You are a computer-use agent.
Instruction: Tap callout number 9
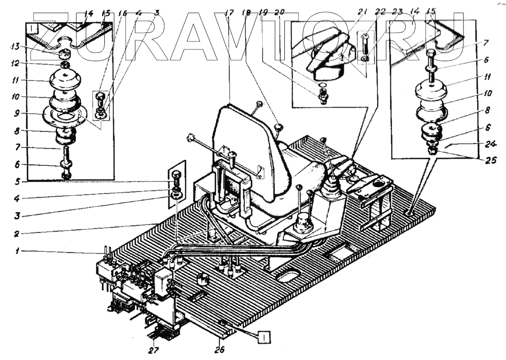[15, 113]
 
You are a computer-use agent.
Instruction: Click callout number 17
[231, 13]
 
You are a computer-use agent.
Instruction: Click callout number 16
[122, 13]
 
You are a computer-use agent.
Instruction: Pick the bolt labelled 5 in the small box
[176, 177]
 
